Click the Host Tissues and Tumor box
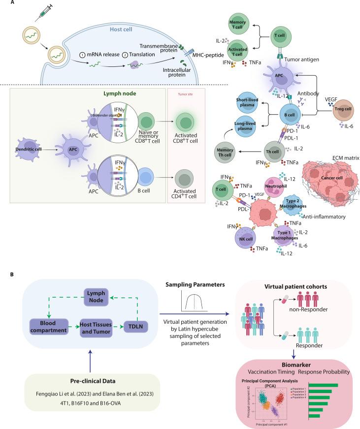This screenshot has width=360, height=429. tap(97, 340)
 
